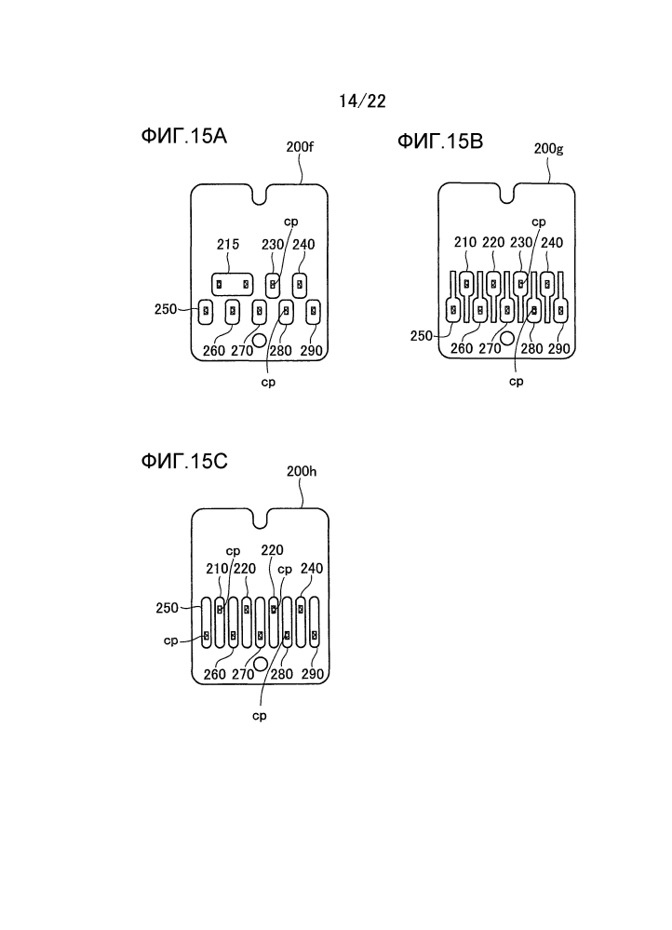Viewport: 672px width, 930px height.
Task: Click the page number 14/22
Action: pyautogui.click(x=362, y=101)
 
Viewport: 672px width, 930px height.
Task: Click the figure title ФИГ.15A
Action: pyautogui.click(x=184, y=136)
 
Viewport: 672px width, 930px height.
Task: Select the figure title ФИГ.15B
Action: pyautogui.click(x=440, y=142)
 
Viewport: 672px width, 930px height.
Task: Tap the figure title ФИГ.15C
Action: pyautogui.click(x=184, y=461)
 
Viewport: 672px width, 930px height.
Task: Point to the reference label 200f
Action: pyautogui.click(x=300, y=146)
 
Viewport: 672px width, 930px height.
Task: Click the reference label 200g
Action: pyautogui.click(x=548, y=148)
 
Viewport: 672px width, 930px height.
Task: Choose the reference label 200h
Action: pyautogui.click(x=302, y=472)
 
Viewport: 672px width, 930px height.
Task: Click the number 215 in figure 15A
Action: pyautogui.click(x=228, y=244)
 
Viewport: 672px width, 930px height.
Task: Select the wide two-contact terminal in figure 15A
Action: pyautogui.click(x=233, y=284)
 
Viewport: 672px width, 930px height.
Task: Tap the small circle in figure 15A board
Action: pyautogui.click(x=259, y=340)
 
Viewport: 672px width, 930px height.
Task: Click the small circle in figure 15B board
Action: pyautogui.click(x=507, y=338)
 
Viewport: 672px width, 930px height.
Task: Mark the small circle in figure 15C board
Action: pyautogui.click(x=260, y=664)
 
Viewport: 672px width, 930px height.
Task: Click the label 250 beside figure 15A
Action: pyautogui.click(x=166, y=309)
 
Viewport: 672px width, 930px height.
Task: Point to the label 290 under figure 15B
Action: pyautogui.click(x=558, y=349)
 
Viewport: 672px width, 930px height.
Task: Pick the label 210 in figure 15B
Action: pyautogui.click(x=465, y=243)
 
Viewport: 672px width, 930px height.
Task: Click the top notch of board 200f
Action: pyautogui.click(x=259, y=195)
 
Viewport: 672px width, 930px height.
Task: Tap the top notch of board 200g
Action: pyautogui.click(x=506, y=194)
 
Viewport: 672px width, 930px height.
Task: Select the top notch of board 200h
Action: pyautogui.click(x=260, y=519)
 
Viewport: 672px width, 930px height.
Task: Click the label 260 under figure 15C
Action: pyautogui.click(x=215, y=674)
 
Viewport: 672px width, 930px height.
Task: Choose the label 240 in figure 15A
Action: pyautogui.click(x=303, y=244)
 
